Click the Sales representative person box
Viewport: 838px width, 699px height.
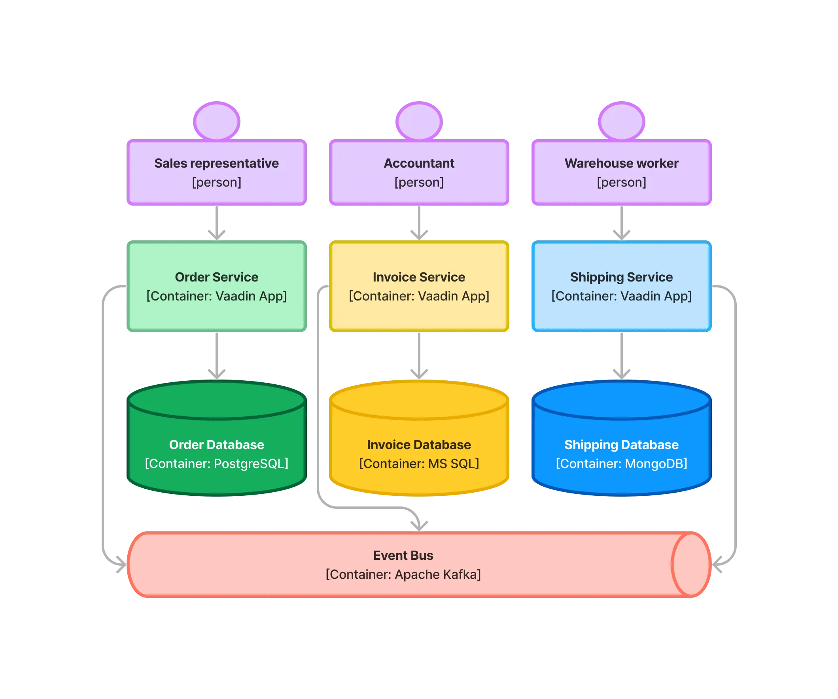click(217, 172)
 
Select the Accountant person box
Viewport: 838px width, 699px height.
click(419, 172)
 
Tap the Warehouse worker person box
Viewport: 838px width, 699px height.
click(621, 172)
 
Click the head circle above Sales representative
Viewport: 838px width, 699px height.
click(217, 121)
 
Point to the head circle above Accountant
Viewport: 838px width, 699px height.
click(419, 121)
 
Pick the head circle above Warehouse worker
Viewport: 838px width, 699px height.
click(621, 121)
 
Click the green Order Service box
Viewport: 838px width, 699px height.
click(217, 286)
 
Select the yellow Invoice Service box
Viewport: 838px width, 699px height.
click(419, 286)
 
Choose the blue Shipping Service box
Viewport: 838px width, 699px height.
click(621, 286)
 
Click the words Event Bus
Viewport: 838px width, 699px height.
click(403, 555)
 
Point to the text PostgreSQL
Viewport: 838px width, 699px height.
click(251, 464)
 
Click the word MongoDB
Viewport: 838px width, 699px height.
click(656, 464)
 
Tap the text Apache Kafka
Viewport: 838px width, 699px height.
click(437, 574)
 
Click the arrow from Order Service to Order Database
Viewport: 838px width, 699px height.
click(217, 355)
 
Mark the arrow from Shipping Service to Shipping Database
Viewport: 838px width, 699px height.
click(621, 355)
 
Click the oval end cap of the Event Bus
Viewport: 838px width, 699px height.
click(691, 565)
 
